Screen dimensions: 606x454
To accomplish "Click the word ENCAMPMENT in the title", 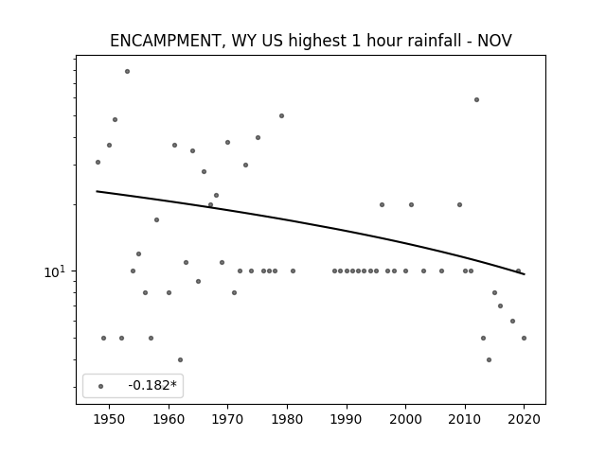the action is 165,41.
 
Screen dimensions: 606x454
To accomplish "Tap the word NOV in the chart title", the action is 494,41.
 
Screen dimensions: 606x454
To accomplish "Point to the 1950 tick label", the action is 110,419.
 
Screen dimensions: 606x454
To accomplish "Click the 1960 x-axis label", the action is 169,419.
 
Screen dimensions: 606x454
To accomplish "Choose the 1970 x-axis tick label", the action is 227,419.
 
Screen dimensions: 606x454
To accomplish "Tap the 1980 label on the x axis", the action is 287,419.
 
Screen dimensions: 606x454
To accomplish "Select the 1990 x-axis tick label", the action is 347,419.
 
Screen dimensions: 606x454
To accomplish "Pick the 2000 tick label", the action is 405,419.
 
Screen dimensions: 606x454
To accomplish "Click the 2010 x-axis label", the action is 465,419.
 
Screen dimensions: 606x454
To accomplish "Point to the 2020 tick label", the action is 524,419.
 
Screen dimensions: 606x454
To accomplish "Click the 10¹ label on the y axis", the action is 55,271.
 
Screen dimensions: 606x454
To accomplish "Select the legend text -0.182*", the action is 152,385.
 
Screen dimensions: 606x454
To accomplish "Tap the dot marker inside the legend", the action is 101,386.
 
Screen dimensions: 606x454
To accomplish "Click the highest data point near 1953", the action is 127,72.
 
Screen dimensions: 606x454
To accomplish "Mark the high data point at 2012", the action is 476,99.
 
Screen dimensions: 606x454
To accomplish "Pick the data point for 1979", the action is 281,115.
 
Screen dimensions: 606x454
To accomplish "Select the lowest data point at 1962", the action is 180,359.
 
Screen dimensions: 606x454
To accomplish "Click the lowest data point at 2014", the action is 489,359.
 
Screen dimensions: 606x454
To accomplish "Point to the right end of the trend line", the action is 524,274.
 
